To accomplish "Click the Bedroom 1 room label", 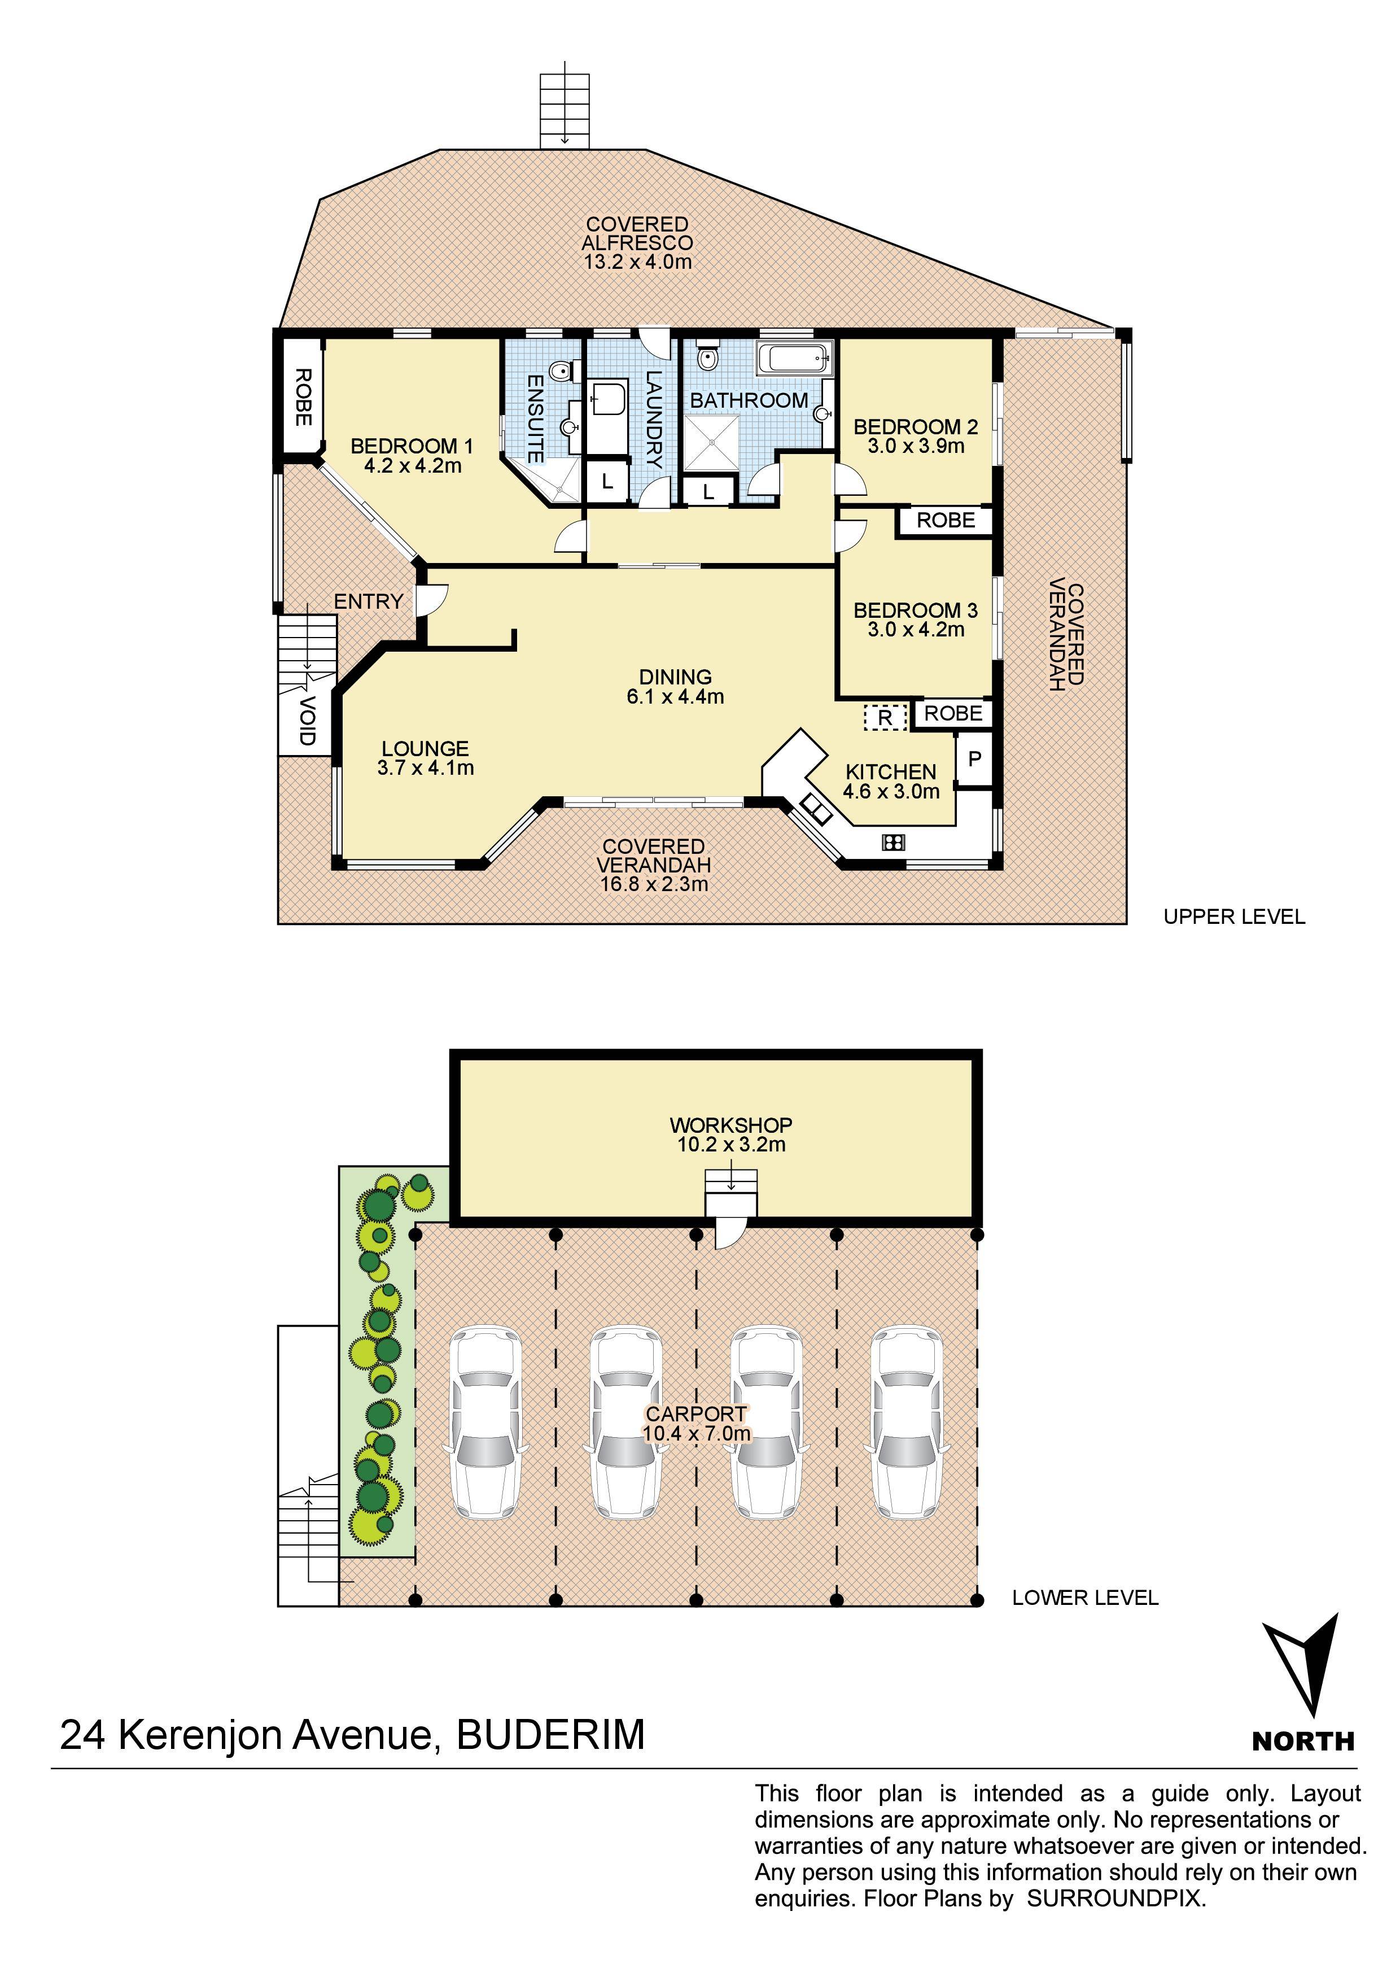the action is (x=412, y=446).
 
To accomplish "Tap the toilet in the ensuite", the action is (x=560, y=371).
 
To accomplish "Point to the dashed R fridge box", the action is (x=886, y=717).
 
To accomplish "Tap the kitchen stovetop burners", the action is (x=894, y=842).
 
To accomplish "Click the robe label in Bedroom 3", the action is (x=953, y=714).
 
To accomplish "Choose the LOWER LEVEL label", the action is (x=1085, y=1598).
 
